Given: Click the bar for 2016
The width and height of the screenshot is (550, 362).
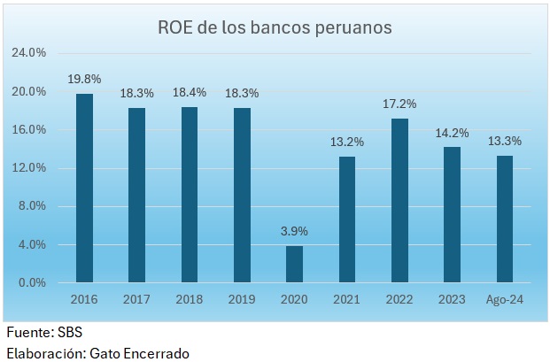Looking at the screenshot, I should click(84, 189).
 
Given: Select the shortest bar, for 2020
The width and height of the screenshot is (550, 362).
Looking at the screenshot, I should click(294, 264).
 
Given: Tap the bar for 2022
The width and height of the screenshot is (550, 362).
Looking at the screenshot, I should click(400, 201).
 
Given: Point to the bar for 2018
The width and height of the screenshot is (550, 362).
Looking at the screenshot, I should click(190, 195).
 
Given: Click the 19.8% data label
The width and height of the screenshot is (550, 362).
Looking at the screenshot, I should click(84, 80).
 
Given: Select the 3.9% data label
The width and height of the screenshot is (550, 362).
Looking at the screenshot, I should click(294, 232).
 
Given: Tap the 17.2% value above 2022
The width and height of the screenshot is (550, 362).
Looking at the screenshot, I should click(400, 104).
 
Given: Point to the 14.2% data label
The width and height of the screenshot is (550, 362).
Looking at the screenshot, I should click(453, 133).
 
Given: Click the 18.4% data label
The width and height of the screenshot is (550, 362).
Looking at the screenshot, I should click(190, 93).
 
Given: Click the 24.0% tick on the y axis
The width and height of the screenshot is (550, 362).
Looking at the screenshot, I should click(28, 53).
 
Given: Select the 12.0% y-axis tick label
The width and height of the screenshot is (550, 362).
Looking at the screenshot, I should click(28, 168).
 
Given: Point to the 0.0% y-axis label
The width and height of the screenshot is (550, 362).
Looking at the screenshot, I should click(32, 283).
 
